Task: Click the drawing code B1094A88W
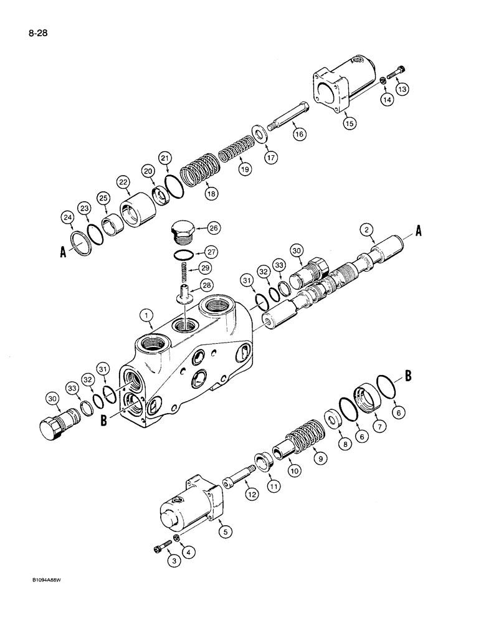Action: (36, 596)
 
